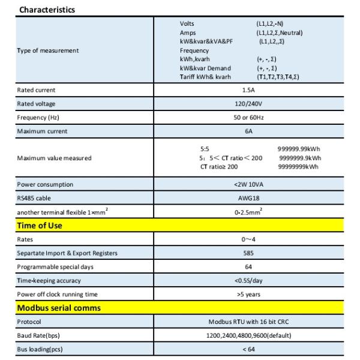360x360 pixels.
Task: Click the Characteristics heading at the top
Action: coord(47,10)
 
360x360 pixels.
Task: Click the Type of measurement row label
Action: coord(47,50)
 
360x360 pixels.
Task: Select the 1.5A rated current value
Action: coord(248,90)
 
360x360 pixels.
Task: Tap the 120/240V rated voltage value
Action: coord(248,104)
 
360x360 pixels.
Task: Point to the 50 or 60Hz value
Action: coord(248,118)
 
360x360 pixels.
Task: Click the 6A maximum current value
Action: coord(248,131)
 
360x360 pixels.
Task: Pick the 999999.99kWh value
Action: coord(299,149)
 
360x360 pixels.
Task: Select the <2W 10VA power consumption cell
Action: coord(248,185)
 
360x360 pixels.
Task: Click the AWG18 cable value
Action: coord(248,199)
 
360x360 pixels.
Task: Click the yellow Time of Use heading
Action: coord(40,226)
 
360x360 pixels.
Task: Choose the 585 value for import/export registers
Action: coord(248,253)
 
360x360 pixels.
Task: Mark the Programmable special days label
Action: coord(55,267)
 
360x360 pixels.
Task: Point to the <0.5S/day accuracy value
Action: coord(248,281)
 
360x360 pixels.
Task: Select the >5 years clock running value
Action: coord(248,295)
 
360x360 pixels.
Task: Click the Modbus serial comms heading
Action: coord(59,308)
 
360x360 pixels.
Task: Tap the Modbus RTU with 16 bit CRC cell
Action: coord(248,322)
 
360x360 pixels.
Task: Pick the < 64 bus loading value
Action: coord(248,349)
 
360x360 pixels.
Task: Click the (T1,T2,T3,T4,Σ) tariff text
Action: coord(278,77)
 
